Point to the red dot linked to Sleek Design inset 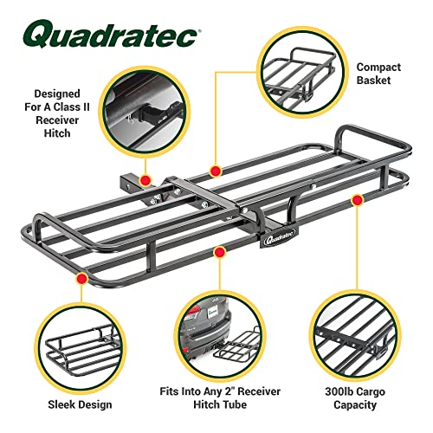point(80,278)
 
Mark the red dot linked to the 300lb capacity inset point(355,201)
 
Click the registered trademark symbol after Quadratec point(200,30)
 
